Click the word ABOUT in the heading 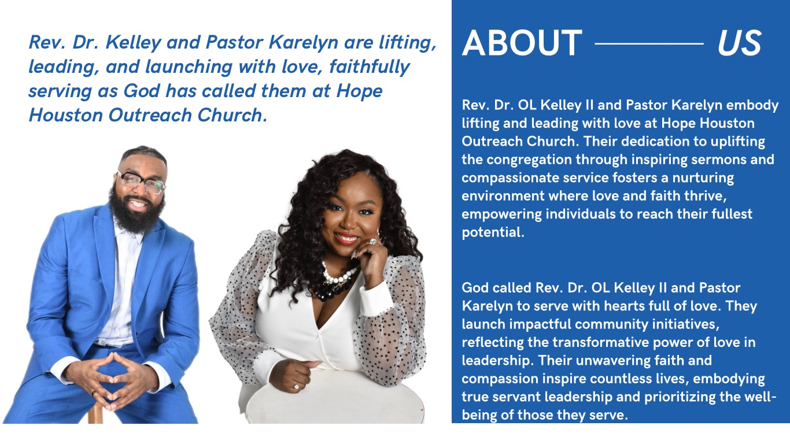(x=522, y=43)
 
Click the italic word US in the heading (x=740, y=43)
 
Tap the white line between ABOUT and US (x=649, y=44)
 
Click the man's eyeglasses (x=141, y=182)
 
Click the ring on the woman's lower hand (x=296, y=386)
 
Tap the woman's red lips (x=346, y=238)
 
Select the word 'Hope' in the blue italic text (x=359, y=91)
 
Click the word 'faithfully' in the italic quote (x=369, y=67)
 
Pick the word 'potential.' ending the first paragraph (x=493, y=233)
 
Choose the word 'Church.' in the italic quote (x=232, y=115)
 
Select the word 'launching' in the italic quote (x=189, y=67)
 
